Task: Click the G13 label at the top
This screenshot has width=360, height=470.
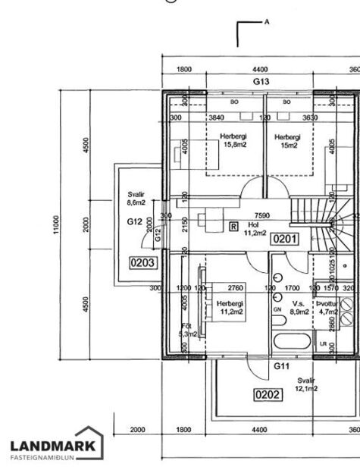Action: (261, 81)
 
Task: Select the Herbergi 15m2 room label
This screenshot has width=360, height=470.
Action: (287, 141)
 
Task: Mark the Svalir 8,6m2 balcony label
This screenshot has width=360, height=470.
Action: (136, 199)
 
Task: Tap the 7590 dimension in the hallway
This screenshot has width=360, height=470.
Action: (262, 215)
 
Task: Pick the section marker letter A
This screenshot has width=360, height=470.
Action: (267, 22)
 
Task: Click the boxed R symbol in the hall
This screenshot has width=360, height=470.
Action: (233, 226)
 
